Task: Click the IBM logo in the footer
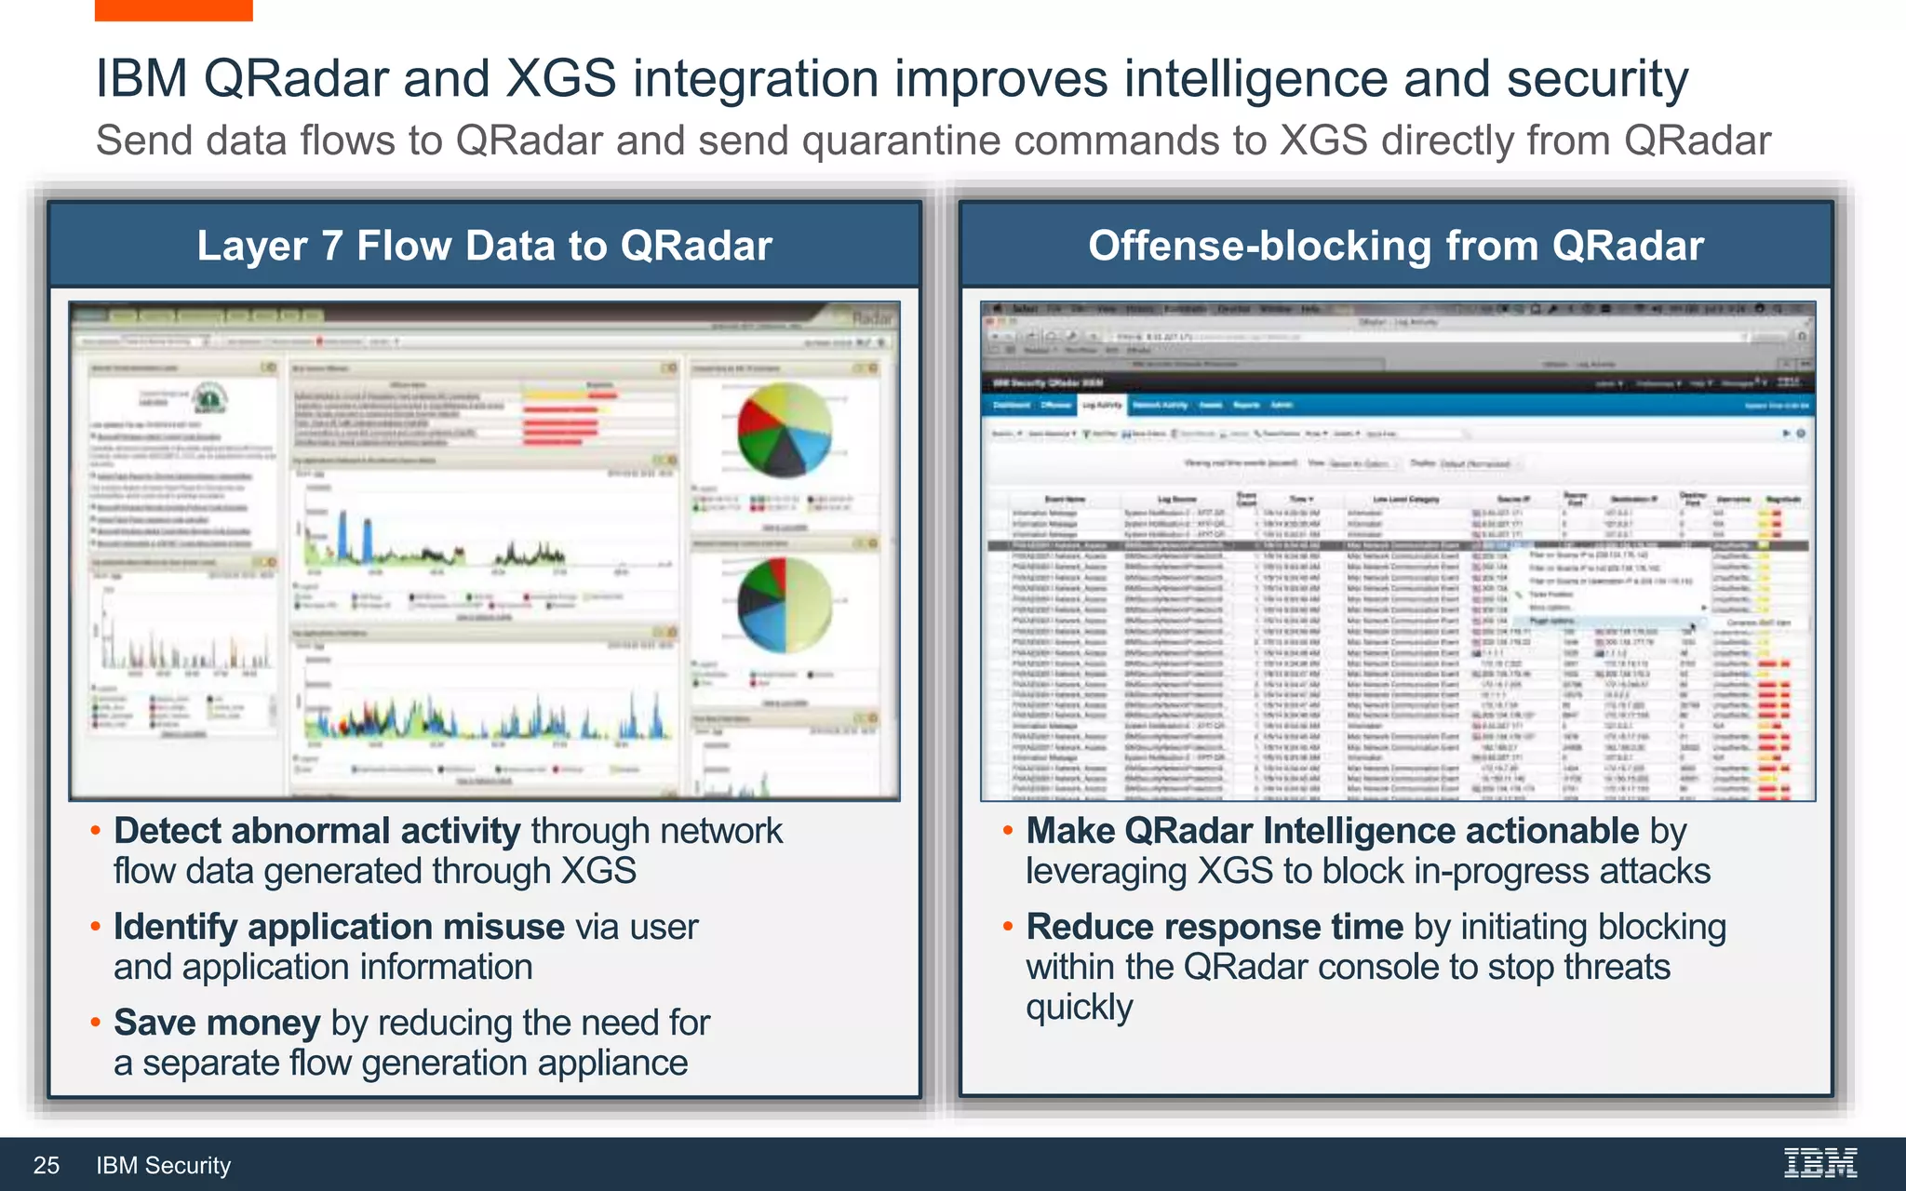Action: click(x=1819, y=1163)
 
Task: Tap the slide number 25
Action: click(x=47, y=1165)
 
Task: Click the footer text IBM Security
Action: click(x=163, y=1165)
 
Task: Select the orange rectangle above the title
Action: click(x=173, y=9)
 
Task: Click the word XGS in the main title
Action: click(x=560, y=78)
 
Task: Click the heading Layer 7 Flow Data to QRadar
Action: click(x=484, y=246)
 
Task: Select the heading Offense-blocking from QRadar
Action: click(x=1396, y=246)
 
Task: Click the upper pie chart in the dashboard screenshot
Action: click(x=784, y=429)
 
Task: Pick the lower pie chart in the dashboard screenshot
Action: click(x=784, y=604)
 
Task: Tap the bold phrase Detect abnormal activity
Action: click(x=316, y=830)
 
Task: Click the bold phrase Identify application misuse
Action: click(x=339, y=926)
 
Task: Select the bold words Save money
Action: click(x=217, y=1022)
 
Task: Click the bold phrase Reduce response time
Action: click(x=1214, y=926)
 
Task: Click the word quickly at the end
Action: click(x=1079, y=1007)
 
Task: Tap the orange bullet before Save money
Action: click(x=95, y=1023)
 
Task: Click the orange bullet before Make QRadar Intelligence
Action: click(x=1007, y=830)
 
